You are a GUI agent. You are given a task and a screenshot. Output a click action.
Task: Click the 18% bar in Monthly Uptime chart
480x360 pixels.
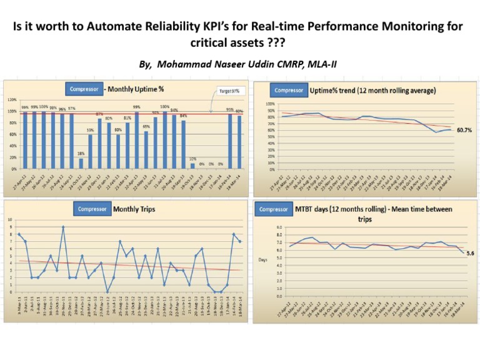pos(81,163)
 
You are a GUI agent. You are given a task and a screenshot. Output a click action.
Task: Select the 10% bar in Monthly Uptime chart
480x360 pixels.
pos(192,166)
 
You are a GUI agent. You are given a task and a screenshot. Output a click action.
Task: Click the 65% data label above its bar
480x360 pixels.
pos(146,126)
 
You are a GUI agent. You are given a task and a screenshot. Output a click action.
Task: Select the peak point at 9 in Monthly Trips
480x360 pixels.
pos(62,227)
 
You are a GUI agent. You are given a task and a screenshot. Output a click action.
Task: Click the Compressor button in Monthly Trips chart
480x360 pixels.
pos(92,209)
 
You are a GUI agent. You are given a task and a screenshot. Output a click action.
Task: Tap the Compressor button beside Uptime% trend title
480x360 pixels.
pos(289,89)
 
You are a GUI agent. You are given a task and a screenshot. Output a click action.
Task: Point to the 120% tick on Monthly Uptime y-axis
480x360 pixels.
pos(11,99)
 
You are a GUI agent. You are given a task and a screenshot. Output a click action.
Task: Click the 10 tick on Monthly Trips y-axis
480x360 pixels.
pos(9,219)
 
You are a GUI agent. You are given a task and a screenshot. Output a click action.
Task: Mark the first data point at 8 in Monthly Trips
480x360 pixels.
pos(19,234)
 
